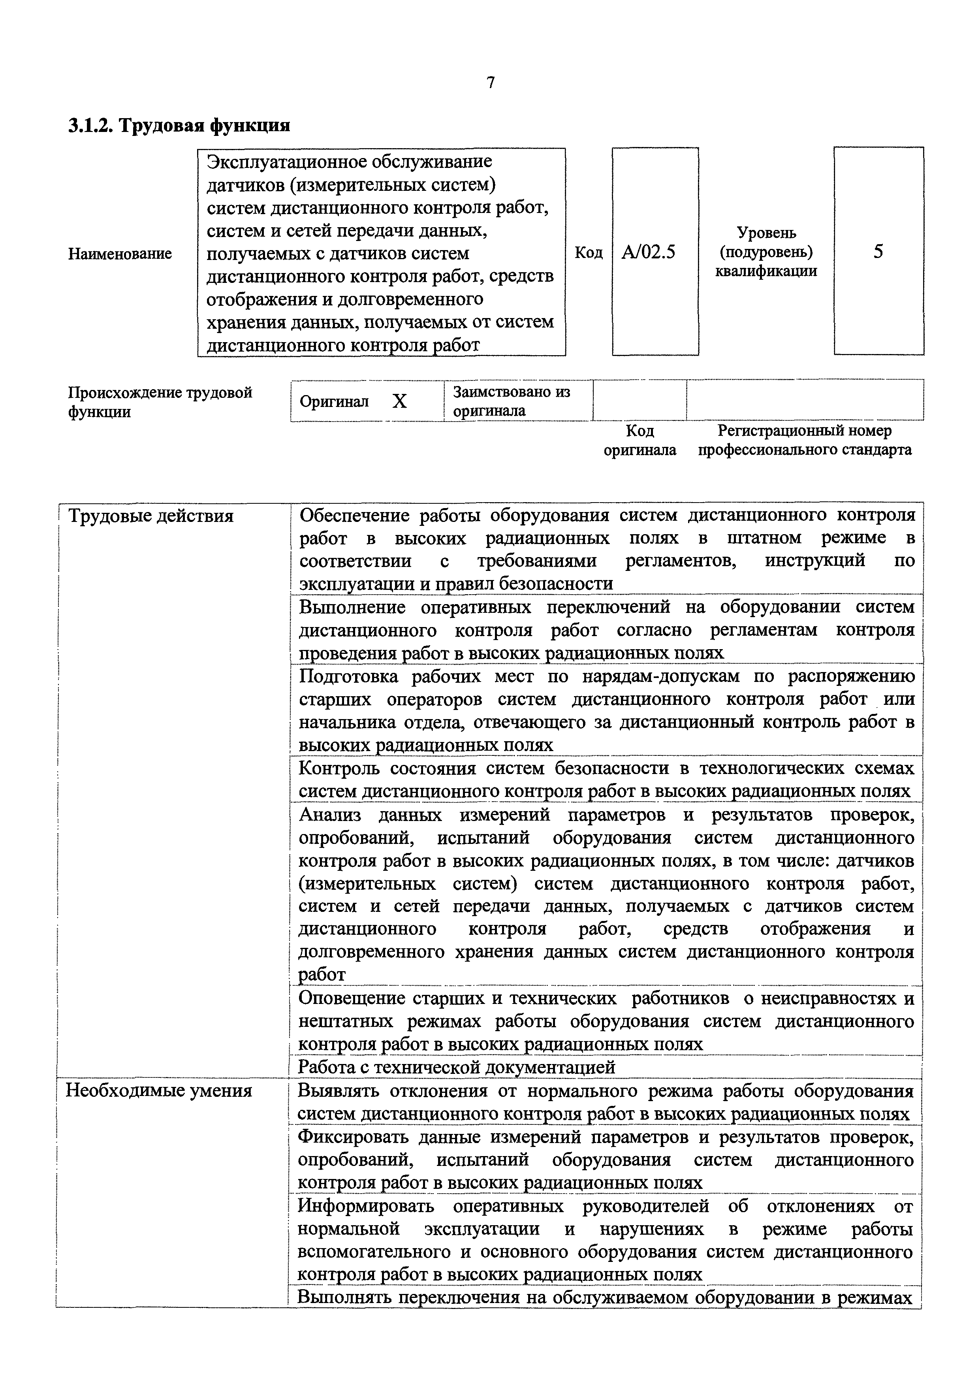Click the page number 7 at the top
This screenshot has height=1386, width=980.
point(491,83)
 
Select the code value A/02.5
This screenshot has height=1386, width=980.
point(649,252)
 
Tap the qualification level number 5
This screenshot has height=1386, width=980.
point(878,251)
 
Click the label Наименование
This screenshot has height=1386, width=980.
point(119,254)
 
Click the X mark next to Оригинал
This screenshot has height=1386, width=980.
point(399,401)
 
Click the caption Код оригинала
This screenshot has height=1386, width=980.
point(640,440)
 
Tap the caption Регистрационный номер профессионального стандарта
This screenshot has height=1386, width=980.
point(804,440)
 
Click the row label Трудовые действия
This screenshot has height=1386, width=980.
point(151,516)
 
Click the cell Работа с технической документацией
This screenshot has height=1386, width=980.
point(457,1067)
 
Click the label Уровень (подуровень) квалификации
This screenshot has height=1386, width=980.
point(766,252)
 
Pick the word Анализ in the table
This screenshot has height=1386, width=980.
point(330,815)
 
